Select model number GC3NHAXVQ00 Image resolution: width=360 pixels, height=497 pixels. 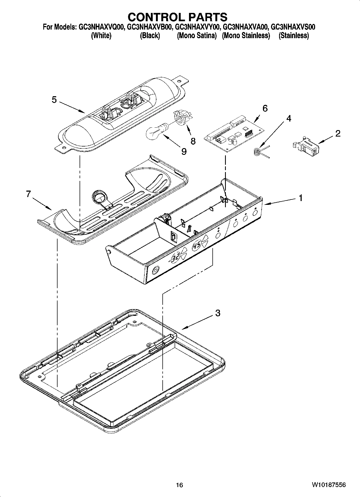pos(101,27)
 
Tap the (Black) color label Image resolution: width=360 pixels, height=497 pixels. pos(150,35)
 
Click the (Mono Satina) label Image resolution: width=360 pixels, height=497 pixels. pos(197,35)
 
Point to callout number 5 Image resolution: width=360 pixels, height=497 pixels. pos(54,100)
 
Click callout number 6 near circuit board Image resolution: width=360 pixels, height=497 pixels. pos(265,108)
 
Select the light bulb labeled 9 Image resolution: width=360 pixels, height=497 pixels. pos(156,131)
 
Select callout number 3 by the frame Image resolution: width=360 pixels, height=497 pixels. pos(218,313)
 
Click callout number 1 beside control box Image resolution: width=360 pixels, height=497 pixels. pos(301,198)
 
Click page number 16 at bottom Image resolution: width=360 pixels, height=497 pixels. pos(179,485)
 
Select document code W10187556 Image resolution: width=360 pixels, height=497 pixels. pos(329,485)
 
